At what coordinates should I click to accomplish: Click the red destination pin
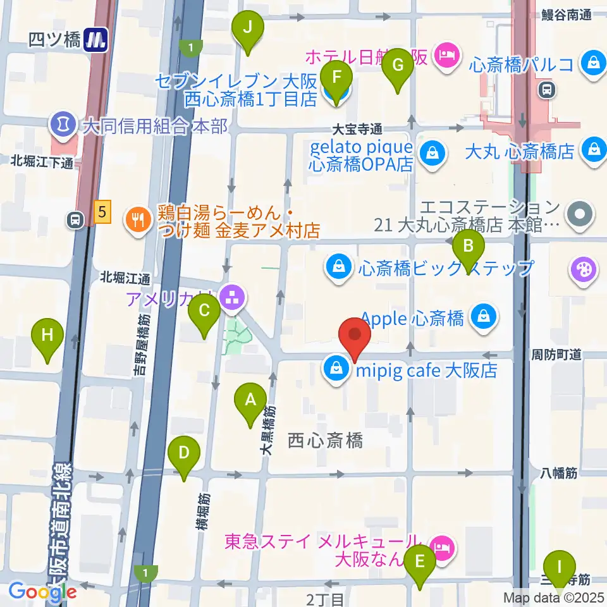[355, 336]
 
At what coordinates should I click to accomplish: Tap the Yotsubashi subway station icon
[97, 41]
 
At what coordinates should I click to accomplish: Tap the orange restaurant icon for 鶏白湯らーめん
[137, 219]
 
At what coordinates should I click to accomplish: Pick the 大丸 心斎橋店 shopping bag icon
[594, 150]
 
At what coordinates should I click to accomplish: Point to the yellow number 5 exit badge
[101, 211]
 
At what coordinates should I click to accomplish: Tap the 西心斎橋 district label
[325, 441]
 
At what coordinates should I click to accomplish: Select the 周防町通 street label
[556, 354]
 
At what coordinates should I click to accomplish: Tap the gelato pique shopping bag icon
[431, 153]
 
